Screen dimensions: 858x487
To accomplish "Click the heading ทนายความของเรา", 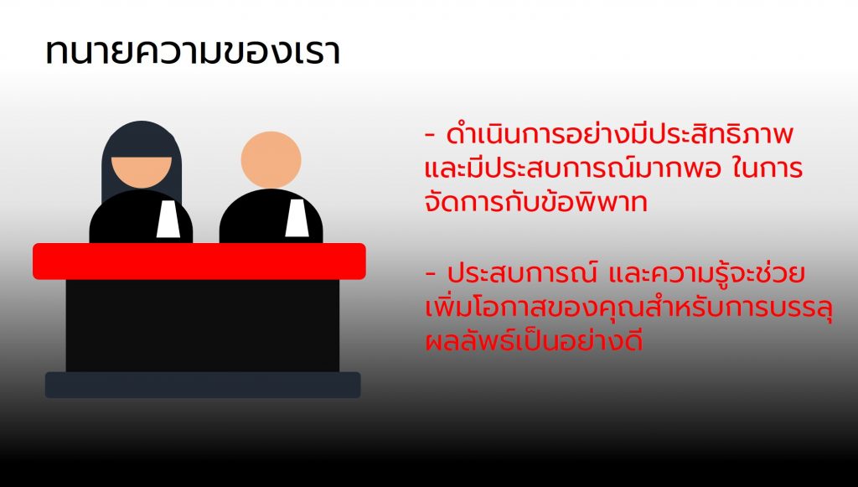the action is click(x=193, y=53).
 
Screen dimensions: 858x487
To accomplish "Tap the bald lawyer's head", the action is click(x=271, y=160).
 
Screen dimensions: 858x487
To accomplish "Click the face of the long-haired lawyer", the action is click(x=141, y=172).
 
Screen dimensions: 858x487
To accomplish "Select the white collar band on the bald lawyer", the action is click(x=297, y=218).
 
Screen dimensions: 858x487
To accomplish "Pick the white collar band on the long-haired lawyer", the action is click(x=168, y=219).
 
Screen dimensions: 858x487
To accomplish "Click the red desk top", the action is click(x=199, y=261).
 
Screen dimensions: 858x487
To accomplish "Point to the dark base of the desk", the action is click(x=203, y=385).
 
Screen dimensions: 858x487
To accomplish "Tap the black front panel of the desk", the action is click(x=203, y=325).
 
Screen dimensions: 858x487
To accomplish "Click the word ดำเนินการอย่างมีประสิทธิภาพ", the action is click(x=619, y=135).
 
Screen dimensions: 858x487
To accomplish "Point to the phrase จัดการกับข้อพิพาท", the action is click(x=535, y=202).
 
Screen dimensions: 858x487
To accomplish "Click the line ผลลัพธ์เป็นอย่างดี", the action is click(x=534, y=340).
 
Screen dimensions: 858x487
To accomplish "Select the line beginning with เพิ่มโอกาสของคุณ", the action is click(x=628, y=308).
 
